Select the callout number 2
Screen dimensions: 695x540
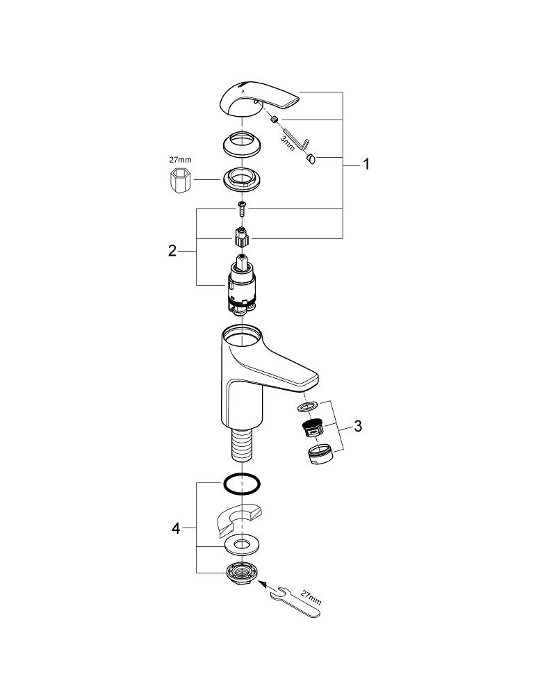[x=172, y=251]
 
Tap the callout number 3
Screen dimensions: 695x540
[x=358, y=426]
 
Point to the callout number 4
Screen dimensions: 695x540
[x=176, y=529]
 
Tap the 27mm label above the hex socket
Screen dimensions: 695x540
[x=181, y=160]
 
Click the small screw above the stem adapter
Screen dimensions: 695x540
[x=240, y=207]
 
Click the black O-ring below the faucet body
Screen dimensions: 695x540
[x=241, y=482]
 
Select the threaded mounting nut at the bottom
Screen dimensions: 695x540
[x=241, y=573]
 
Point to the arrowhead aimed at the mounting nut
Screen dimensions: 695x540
[x=263, y=584]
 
